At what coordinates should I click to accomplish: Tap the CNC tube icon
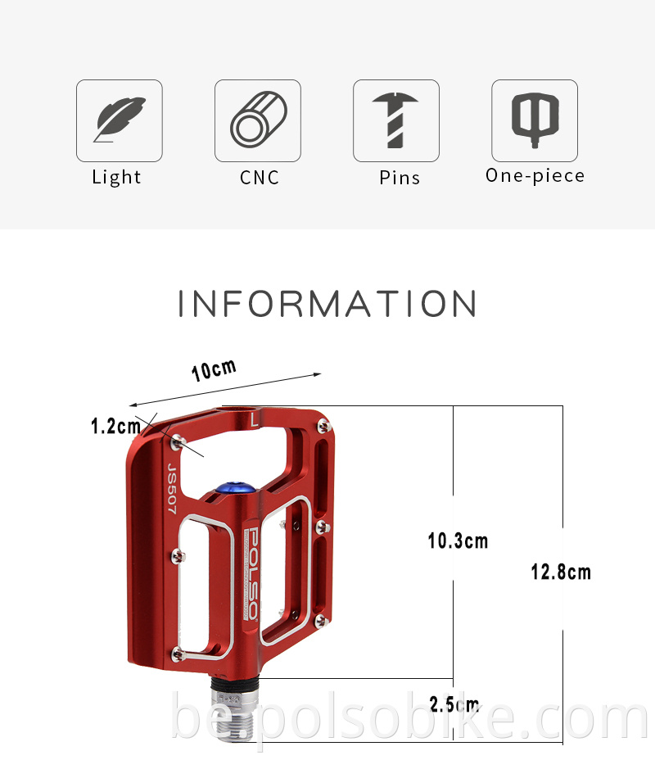pyautogui.click(x=258, y=120)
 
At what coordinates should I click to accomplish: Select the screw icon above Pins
pyautogui.click(x=396, y=120)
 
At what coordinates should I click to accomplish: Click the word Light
pyautogui.click(x=116, y=177)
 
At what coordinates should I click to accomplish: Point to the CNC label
pyautogui.click(x=260, y=177)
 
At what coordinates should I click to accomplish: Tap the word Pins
pyautogui.click(x=400, y=177)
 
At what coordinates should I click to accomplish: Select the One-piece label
pyautogui.click(x=535, y=175)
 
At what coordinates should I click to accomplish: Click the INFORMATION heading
pyautogui.click(x=327, y=304)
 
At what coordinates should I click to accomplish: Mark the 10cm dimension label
pyautogui.click(x=214, y=369)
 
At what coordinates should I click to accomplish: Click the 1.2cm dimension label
pyautogui.click(x=115, y=426)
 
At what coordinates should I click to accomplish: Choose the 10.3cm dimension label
pyautogui.click(x=458, y=541)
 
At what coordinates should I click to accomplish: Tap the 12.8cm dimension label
pyautogui.click(x=561, y=572)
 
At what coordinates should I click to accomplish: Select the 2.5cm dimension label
pyautogui.click(x=454, y=703)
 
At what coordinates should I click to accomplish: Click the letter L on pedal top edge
pyautogui.click(x=255, y=420)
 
